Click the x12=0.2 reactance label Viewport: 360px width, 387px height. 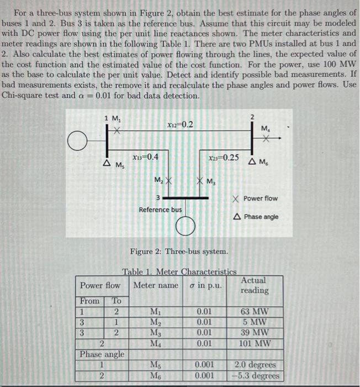tap(179, 124)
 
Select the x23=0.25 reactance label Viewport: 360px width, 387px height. tap(224, 157)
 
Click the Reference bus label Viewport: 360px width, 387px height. tap(160, 210)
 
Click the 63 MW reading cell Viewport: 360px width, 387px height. tap(255, 311)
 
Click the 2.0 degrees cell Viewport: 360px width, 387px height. tap(255, 365)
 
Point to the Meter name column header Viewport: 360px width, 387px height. tap(156, 285)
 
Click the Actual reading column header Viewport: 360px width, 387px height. tap(255, 285)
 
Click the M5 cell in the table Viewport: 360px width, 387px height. tap(156, 365)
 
